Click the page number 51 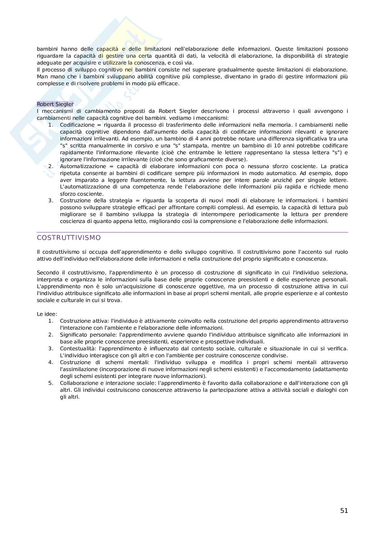pos(344,511)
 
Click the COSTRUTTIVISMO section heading pos(69,238)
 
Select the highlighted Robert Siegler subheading pos(55,104)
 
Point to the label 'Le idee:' pos(47,314)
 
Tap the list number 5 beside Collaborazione pos(51,383)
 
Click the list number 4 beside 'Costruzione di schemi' pos(51,362)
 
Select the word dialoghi pos(327,390)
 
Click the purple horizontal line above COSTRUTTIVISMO pos(192,232)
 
